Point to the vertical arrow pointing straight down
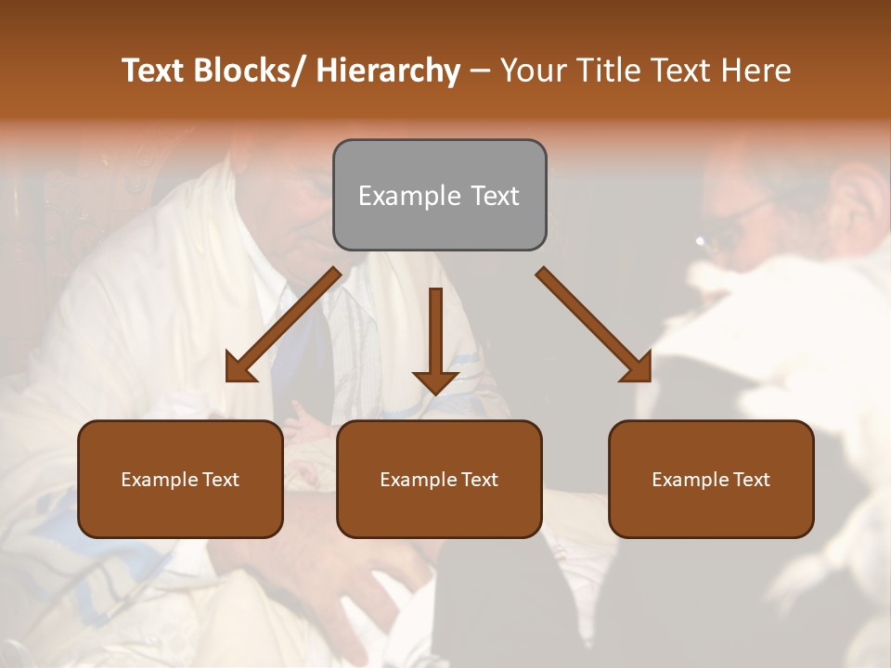click(x=435, y=339)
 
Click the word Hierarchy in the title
click(x=388, y=71)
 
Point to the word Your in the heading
click(x=533, y=71)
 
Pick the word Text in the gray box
click(x=494, y=196)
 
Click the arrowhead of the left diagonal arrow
click(x=240, y=368)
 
